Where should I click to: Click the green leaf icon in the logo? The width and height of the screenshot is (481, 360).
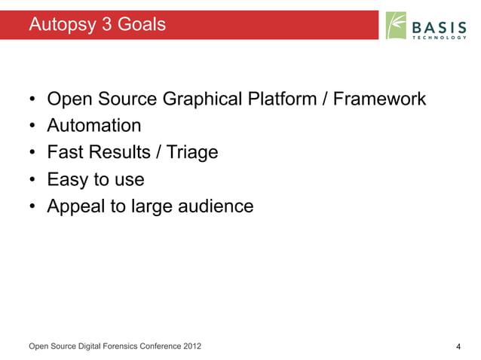(x=396, y=26)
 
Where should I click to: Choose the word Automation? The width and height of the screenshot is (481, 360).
(x=94, y=125)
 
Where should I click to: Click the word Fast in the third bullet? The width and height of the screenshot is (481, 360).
(x=66, y=152)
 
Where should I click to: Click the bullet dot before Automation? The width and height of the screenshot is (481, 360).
(x=32, y=126)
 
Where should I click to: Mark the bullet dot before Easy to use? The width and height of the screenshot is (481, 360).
(x=32, y=180)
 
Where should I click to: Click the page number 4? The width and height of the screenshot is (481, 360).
(x=458, y=346)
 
